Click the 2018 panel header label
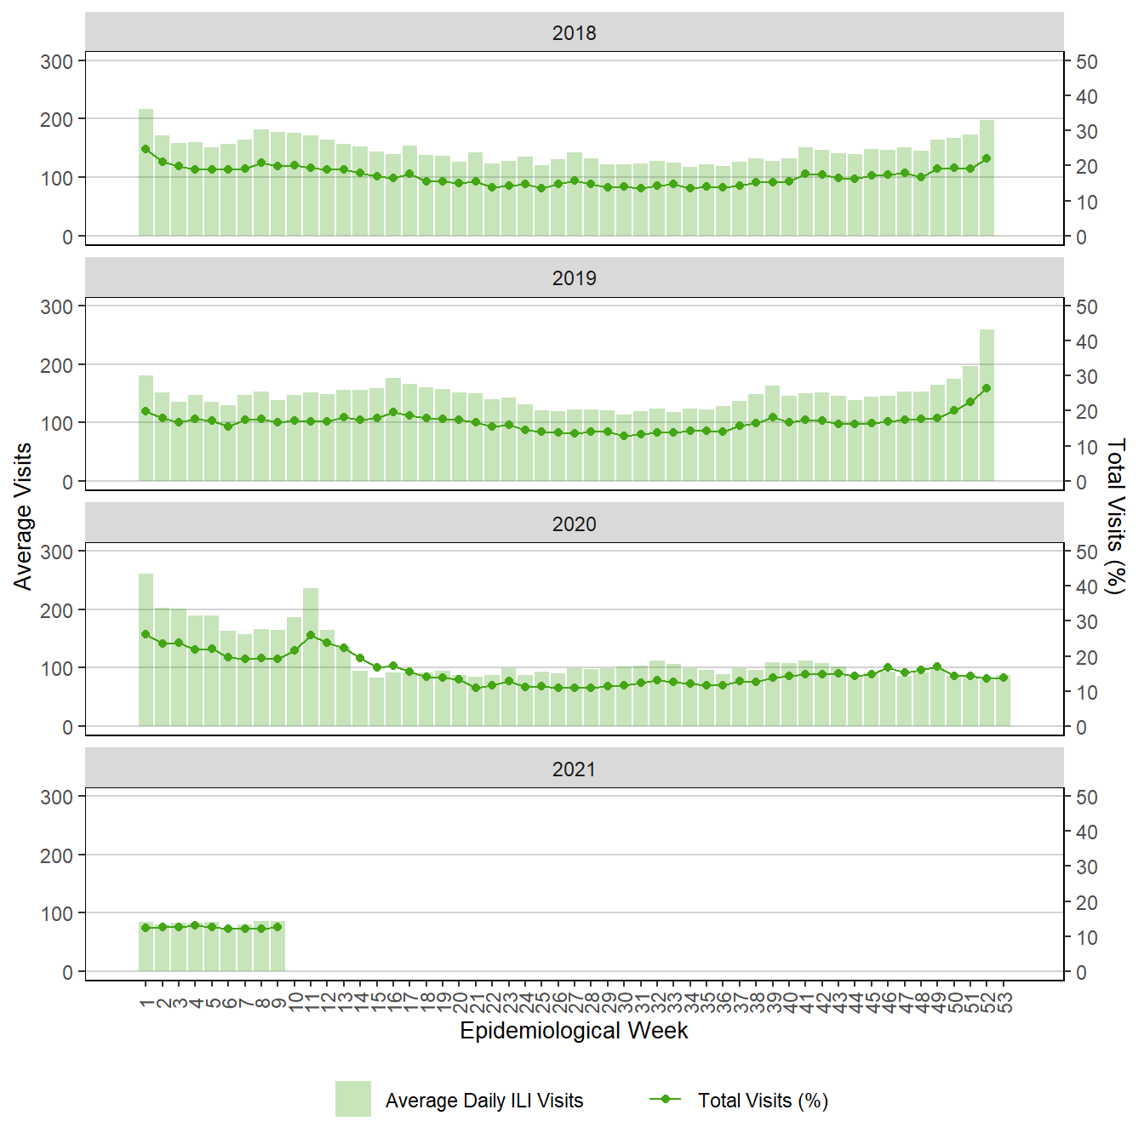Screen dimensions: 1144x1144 click(x=574, y=33)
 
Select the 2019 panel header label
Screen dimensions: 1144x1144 click(x=574, y=278)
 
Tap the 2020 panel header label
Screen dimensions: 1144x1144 click(x=574, y=524)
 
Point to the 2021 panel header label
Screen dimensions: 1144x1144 click(x=574, y=769)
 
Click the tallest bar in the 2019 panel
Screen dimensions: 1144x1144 click(x=987, y=405)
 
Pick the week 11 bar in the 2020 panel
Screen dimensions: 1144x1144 click(x=311, y=657)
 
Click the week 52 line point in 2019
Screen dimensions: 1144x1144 click(x=987, y=388)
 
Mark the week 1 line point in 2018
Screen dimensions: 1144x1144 click(x=146, y=149)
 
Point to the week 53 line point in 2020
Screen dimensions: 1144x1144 click(x=1004, y=678)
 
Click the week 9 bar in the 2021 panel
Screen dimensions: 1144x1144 click(x=277, y=947)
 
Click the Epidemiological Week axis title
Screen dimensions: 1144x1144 click(x=574, y=1031)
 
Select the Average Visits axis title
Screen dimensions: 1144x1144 click(x=23, y=516)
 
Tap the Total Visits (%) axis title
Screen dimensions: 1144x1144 click(x=1116, y=516)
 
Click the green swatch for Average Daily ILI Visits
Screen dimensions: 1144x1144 click(x=352, y=1099)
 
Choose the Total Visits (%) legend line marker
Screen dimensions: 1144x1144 click(x=666, y=1099)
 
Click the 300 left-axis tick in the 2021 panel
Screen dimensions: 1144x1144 click(x=57, y=798)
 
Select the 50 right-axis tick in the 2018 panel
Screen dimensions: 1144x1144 click(x=1086, y=62)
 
